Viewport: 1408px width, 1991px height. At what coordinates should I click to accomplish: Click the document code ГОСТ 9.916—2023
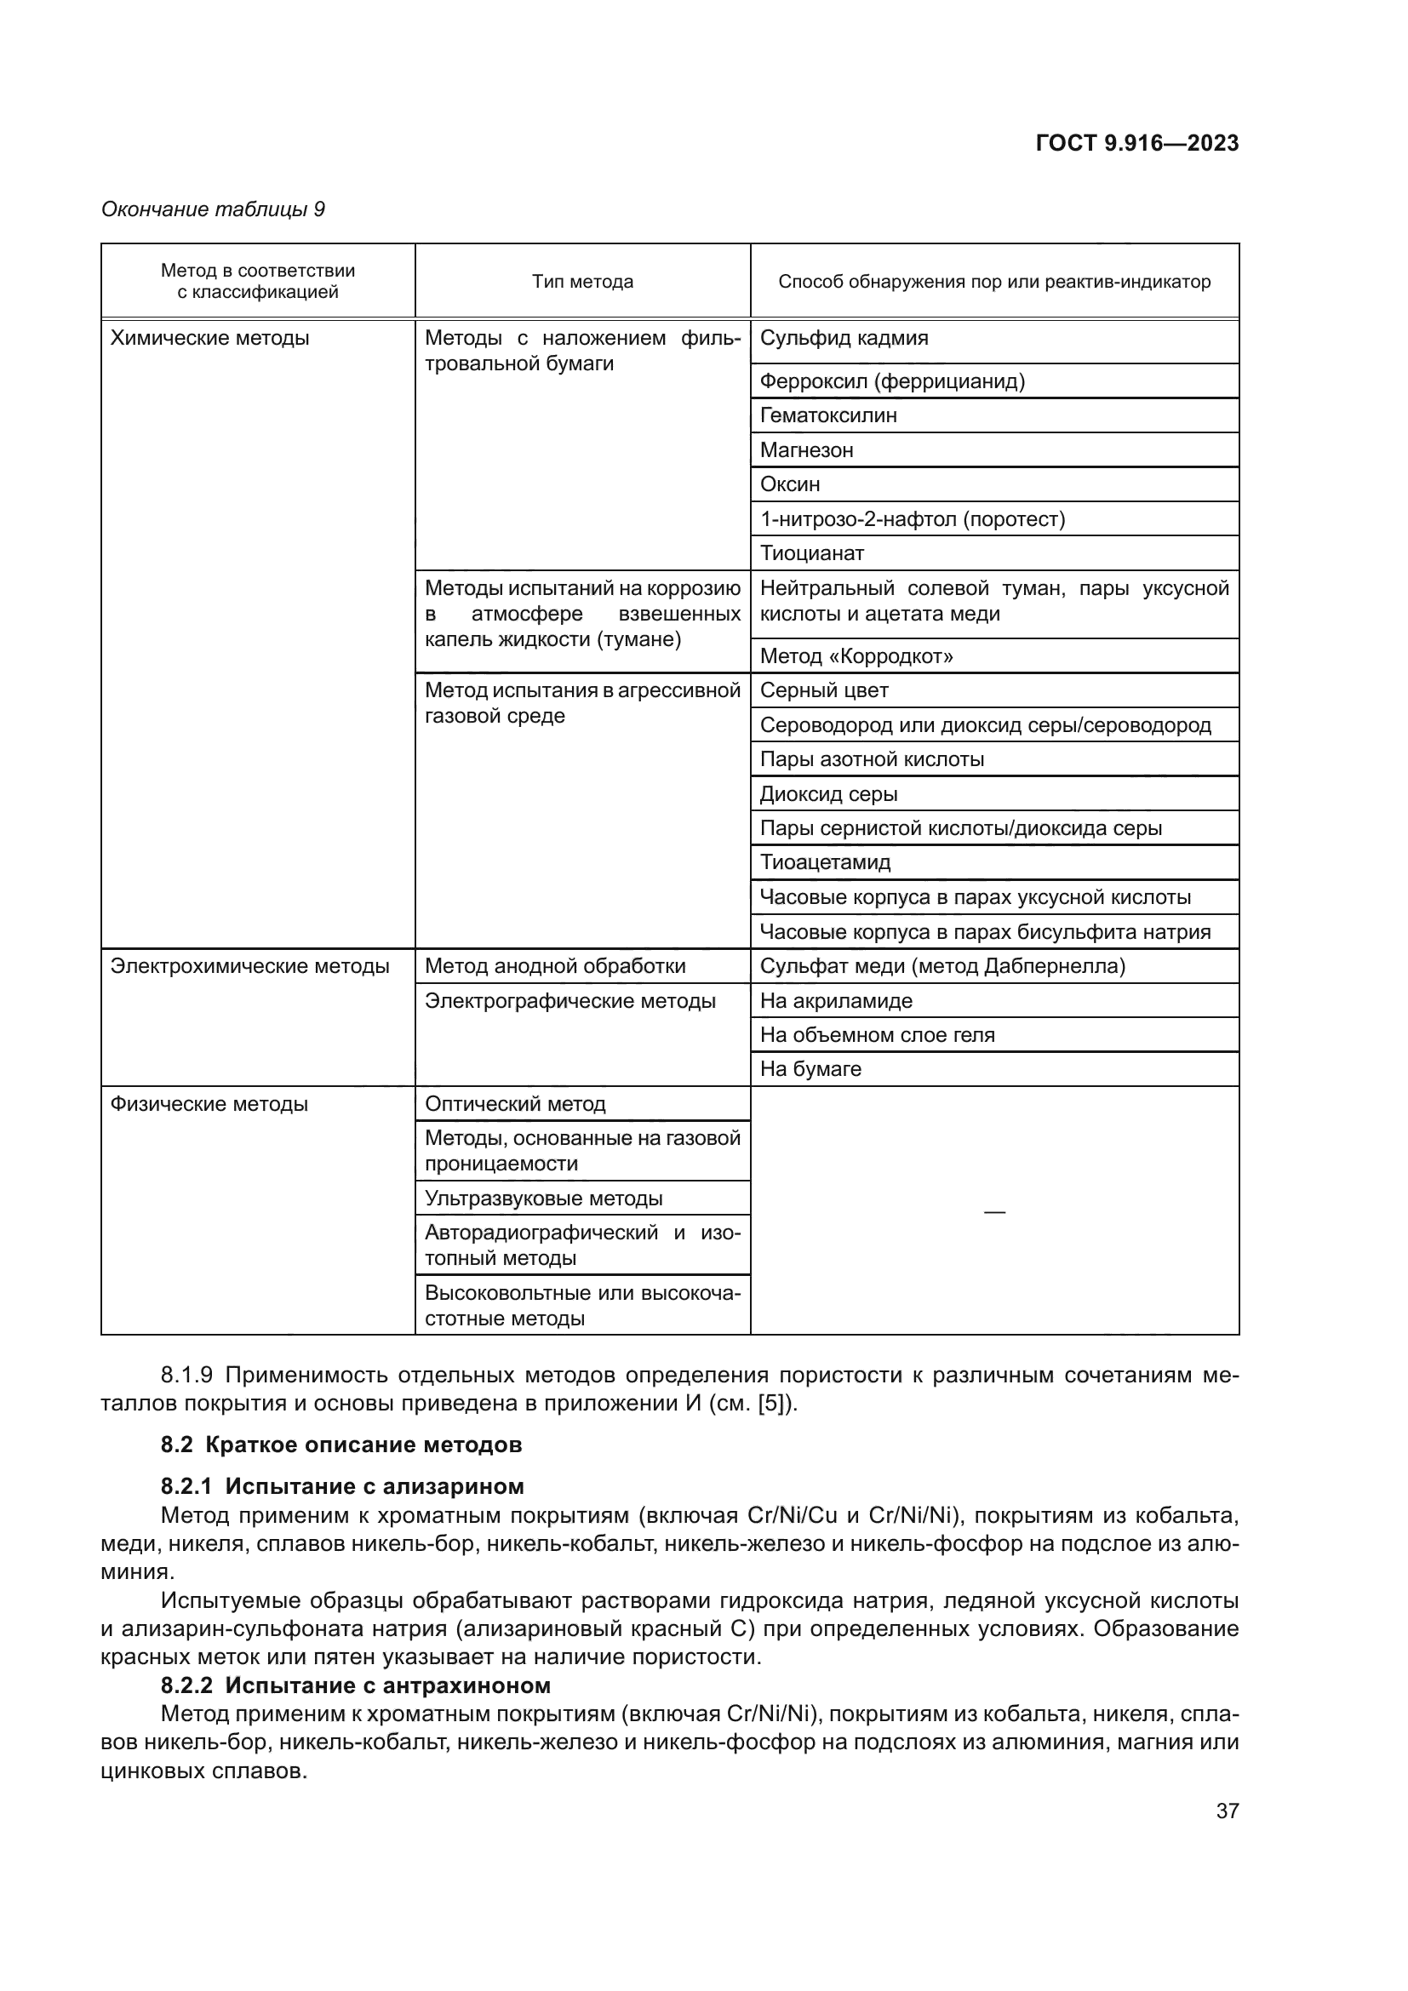point(1136,144)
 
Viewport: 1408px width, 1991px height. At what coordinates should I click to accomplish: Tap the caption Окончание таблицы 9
point(214,210)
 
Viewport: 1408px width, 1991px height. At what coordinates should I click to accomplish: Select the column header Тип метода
point(582,282)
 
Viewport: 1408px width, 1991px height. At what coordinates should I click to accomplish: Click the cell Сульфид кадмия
point(844,338)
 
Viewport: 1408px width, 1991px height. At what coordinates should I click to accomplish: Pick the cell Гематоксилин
point(828,415)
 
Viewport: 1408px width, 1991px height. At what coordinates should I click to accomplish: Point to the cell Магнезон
point(806,450)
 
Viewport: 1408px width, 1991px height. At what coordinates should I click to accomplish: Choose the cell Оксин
point(790,483)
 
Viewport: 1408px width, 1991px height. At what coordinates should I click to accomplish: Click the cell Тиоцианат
point(811,553)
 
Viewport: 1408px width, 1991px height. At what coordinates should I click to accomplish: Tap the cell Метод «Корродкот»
point(856,656)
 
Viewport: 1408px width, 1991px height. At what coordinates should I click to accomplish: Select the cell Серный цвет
point(824,690)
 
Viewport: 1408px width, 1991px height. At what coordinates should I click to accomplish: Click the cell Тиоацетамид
point(825,862)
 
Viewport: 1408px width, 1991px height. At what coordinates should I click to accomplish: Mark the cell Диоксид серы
point(828,793)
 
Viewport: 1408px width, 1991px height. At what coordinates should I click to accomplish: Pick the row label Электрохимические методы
point(249,966)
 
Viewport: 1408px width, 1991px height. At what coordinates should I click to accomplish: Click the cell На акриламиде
point(836,1001)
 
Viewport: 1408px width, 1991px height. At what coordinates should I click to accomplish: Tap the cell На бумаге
point(810,1069)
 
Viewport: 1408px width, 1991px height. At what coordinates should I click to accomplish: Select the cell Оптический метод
point(515,1104)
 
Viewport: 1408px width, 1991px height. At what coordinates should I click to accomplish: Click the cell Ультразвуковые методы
point(544,1199)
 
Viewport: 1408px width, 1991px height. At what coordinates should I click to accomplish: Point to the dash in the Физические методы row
point(994,1211)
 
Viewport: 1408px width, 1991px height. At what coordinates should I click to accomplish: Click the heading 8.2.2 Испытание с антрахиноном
point(356,1685)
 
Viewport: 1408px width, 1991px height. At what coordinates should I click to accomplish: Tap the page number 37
point(1227,1811)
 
